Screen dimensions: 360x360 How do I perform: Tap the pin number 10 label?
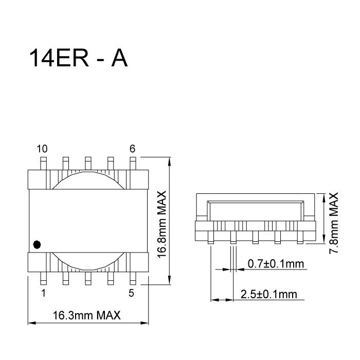(x=42, y=149)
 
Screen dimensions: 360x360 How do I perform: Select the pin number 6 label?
(x=132, y=149)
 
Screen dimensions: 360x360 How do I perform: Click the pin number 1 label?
(x=43, y=294)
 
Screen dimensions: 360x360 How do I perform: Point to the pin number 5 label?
(x=132, y=294)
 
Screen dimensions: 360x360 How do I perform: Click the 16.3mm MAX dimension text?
(x=87, y=315)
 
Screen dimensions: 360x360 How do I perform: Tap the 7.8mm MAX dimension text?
(x=334, y=222)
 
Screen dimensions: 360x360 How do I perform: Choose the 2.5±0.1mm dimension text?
(x=268, y=294)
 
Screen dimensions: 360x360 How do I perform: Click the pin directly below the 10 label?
(x=43, y=163)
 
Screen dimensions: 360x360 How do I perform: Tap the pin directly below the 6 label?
(x=133, y=163)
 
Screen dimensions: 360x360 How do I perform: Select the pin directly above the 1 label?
(x=43, y=278)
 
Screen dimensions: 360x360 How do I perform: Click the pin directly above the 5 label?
(x=133, y=278)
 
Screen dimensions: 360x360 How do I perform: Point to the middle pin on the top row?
(x=88, y=163)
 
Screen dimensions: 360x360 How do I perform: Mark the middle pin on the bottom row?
(x=88, y=278)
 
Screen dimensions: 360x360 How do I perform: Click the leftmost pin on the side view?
(x=211, y=238)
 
